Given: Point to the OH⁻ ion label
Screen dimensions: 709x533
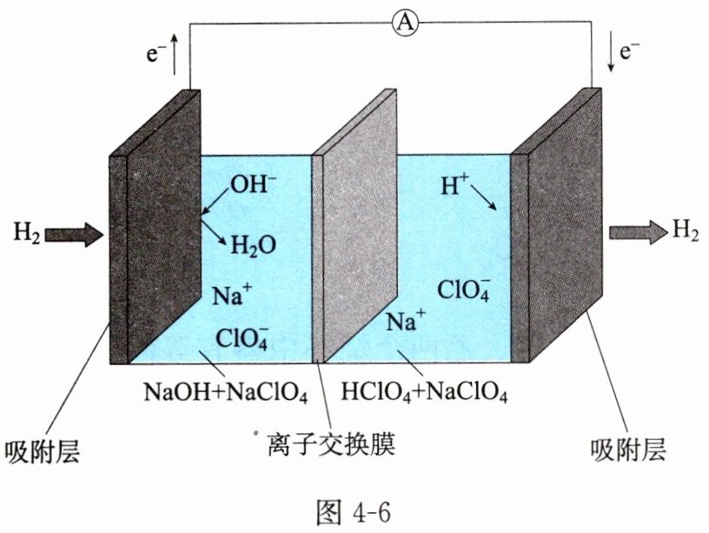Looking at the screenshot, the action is coord(252,185).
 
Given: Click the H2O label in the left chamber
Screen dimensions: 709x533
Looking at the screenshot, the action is coord(253,246).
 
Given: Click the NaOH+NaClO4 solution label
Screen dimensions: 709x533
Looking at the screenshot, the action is coord(224,392).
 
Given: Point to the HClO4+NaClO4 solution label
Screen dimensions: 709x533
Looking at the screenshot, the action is coord(425,392).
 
